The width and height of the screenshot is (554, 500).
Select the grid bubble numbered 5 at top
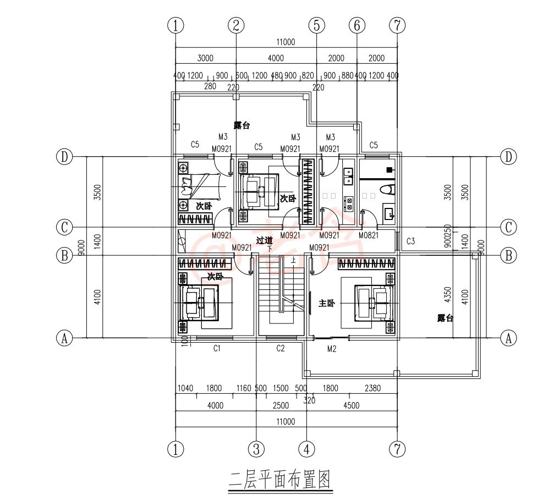[x=317, y=25]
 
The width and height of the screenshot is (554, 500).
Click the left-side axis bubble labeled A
[x=65, y=338]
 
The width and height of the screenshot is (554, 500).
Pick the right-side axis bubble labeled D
[x=508, y=157]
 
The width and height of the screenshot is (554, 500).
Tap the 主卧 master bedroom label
[x=327, y=303]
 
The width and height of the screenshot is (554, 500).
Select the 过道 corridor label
[x=265, y=240]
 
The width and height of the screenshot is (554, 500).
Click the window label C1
[x=217, y=348]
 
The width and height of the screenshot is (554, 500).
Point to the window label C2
[x=280, y=348]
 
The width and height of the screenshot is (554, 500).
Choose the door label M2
[x=332, y=348]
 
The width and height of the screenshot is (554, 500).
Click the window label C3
[x=410, y=241]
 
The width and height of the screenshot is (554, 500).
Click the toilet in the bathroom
[x=388, y=190]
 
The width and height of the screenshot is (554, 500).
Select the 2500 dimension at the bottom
[x=281, y=405]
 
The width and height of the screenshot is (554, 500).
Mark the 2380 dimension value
[x=372, y=388]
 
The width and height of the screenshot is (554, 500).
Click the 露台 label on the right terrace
[x=445, y=318]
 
